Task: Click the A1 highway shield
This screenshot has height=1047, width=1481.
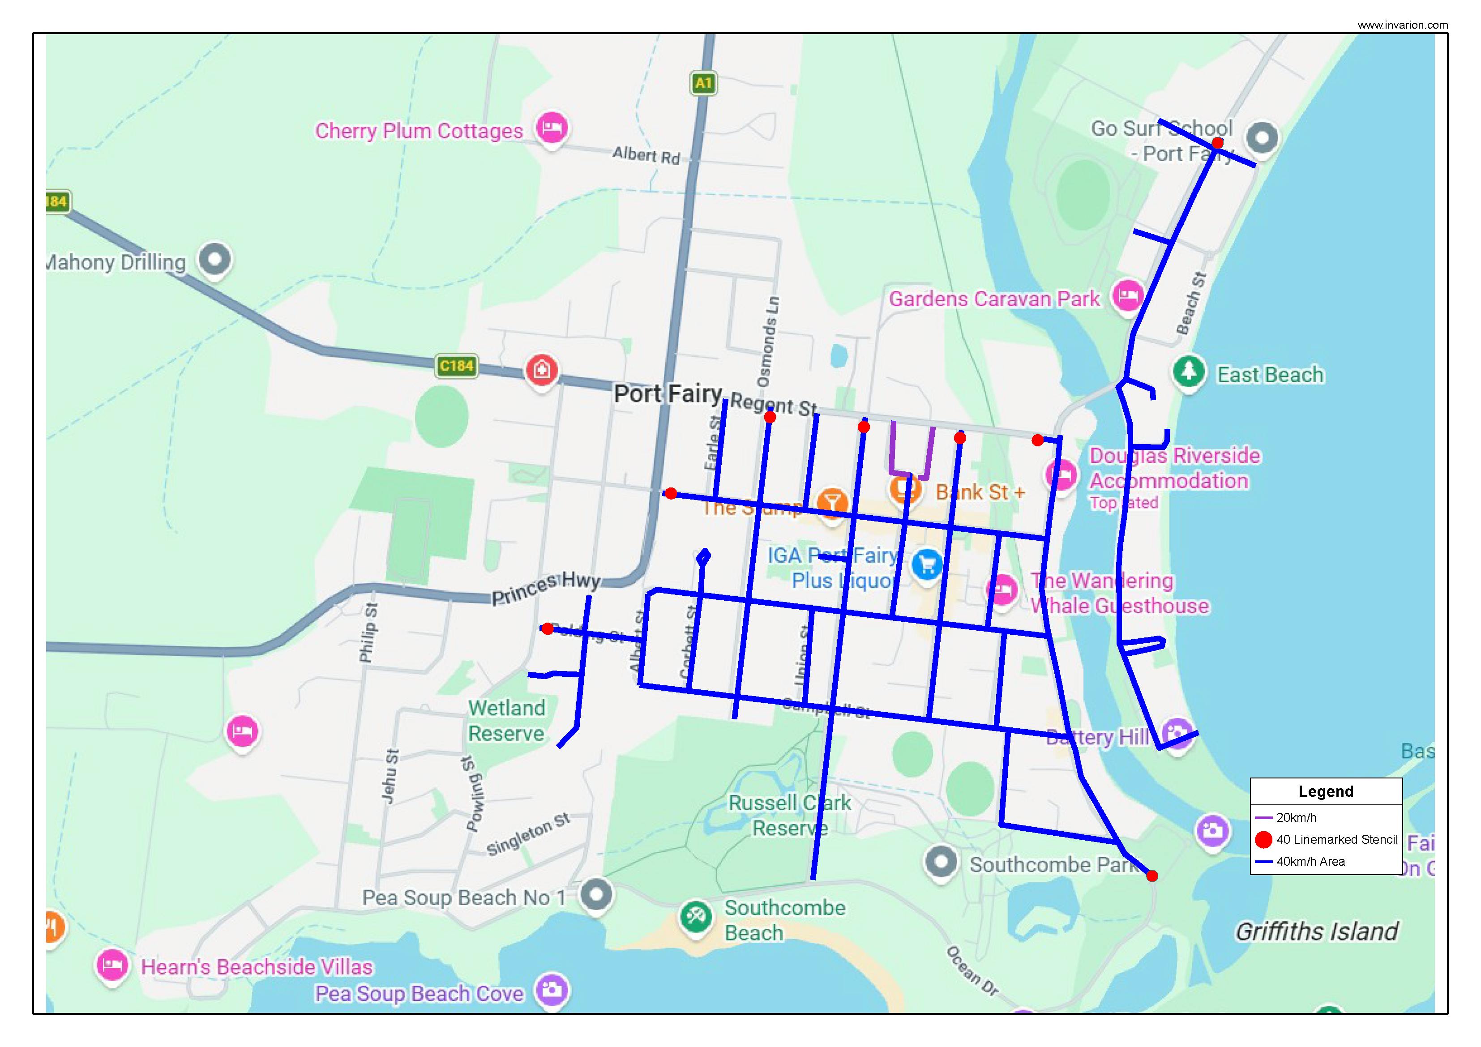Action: coord(703,82)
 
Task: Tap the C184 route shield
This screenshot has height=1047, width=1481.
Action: coord(456,366)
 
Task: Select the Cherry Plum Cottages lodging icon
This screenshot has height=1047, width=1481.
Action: coord(552,127)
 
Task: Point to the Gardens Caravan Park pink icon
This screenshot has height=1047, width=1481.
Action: coord(1127,296)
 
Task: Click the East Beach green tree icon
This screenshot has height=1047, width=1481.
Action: coord(1188,372)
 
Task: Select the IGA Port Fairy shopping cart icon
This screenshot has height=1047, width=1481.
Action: coord(927,564)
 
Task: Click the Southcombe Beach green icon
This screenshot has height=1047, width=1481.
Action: coord(695,917)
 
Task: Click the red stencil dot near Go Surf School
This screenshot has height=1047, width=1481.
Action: coord(1217,142)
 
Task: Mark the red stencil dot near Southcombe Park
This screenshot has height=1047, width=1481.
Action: coord(1152,876)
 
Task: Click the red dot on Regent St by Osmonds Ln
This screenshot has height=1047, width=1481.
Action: coord(770,417)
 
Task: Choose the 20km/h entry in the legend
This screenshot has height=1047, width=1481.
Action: coord(1296,817)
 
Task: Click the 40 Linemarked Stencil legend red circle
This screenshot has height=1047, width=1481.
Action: coord(1263,839)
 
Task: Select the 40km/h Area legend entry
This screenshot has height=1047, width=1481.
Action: coord(1310,861)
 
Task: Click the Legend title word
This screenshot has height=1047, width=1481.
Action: coord(1326,791)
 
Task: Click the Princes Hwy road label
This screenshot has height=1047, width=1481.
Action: coord(546,588)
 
